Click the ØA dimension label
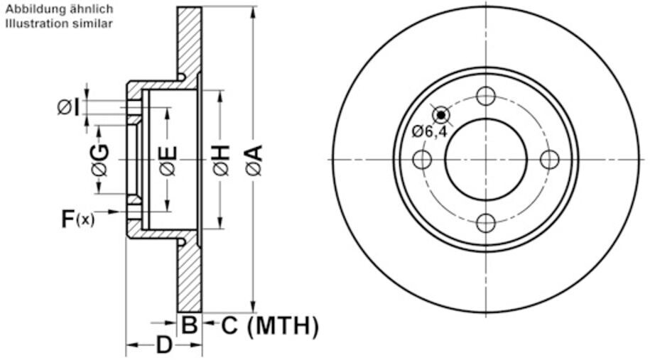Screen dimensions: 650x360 (254, 160)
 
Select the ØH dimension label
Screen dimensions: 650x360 (220, 160)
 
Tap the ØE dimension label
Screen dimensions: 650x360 (168, 160)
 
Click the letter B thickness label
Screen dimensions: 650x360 (188, 326)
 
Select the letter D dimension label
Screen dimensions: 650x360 (164, 347)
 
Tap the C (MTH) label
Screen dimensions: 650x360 (269, 326)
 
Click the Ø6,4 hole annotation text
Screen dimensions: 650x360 (430, 132)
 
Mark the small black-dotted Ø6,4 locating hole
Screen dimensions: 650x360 (441, 114)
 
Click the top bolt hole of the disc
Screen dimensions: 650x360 (486, 96)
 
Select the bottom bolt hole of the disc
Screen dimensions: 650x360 (486, 223)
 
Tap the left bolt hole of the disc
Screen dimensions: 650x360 (422, 159)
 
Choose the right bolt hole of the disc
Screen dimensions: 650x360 (549, 159)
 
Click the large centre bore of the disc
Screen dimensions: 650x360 (486, 159)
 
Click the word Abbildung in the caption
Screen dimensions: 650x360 (33, 10)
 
